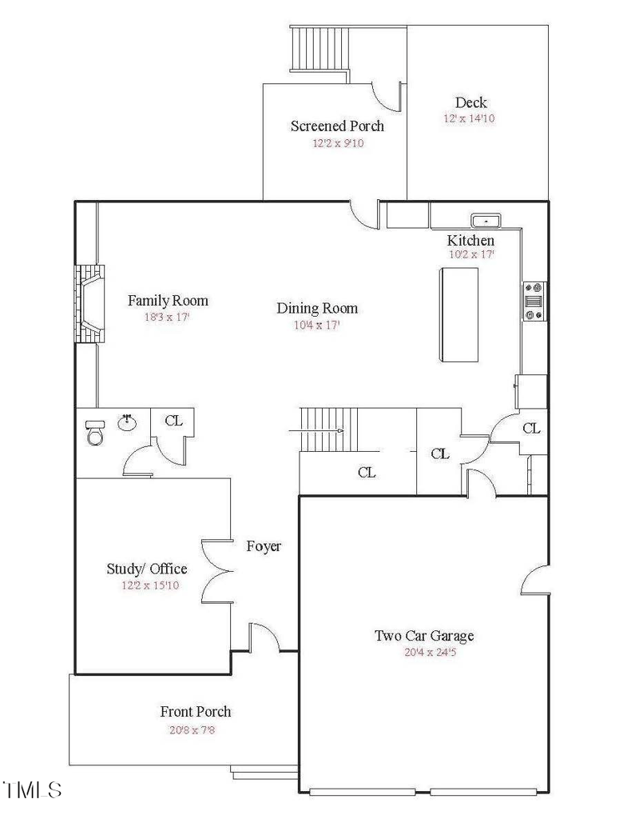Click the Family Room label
pos(168,301)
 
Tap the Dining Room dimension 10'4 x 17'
pos(317,326)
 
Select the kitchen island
pos(458,314)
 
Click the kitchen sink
pos(485,219)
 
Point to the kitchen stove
pos(534,301)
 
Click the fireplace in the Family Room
pos(88,304)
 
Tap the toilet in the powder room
pos(94,433)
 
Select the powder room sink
pos(127,421)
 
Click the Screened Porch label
pos(337,126)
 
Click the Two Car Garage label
pos(424,636)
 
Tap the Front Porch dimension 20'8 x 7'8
pos(196,729)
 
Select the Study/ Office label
pos(147,569)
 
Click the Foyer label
pos(264,546)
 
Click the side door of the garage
pos(534,578)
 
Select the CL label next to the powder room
pos(173,420)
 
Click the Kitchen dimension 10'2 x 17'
pos(470,254)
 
